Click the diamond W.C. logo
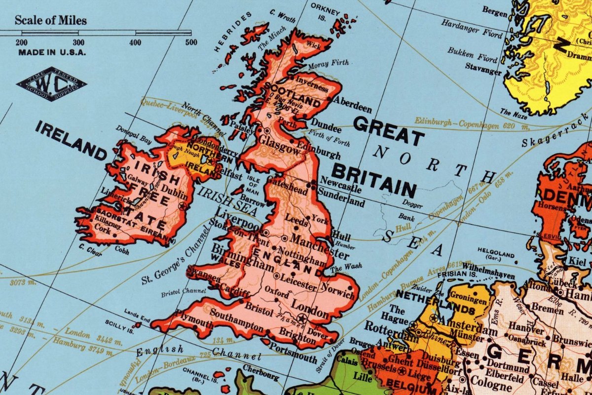coord(51,84)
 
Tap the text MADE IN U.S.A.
coord(52,52)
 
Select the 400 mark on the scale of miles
coord(135,42)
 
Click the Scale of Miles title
coord(51,20)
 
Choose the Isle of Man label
coord(253,182)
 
